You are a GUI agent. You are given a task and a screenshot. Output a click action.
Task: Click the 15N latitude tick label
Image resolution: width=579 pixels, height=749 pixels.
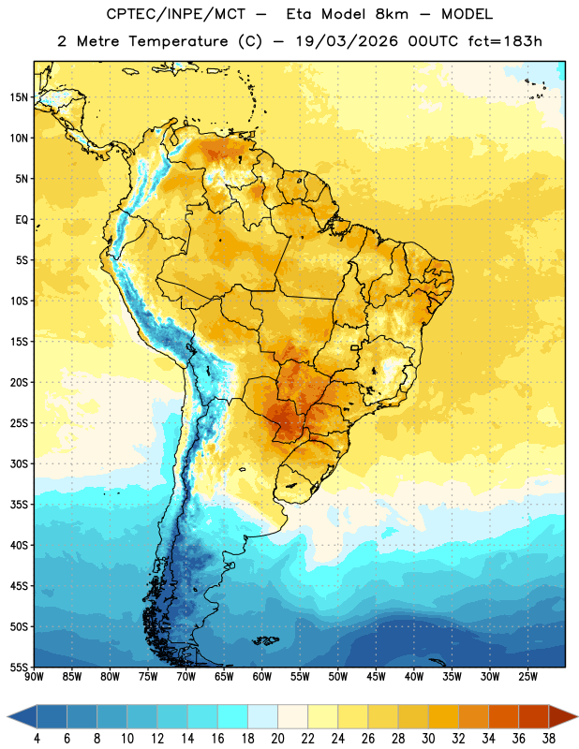click(x=19, y=97)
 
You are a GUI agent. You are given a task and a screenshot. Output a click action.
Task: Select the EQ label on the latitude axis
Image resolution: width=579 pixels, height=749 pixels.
click(x=22, y=220)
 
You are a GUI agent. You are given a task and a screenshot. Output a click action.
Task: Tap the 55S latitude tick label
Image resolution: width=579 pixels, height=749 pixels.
click(x=19, y=668)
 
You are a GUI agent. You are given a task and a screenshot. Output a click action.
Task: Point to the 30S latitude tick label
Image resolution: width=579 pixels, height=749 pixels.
click(x=19, y=463)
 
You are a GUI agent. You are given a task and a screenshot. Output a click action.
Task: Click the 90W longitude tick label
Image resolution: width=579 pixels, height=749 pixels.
click(x=34, y=677)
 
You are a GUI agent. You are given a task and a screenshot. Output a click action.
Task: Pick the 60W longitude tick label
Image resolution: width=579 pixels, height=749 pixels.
click(x=262, y=677)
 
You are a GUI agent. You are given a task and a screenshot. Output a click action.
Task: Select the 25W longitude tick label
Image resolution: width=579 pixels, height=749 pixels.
click(x=527, y=677)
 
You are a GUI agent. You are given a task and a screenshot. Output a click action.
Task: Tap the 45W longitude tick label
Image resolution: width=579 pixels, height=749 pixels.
click(x=376, y=677)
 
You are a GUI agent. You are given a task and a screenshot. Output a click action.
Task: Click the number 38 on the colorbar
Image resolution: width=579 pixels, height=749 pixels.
click(x=549, y=739)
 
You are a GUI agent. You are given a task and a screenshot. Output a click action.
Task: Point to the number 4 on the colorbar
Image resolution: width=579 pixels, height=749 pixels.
click(x=37, y=739)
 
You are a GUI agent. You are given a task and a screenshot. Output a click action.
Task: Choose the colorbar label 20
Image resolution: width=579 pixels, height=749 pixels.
click(x=277, y=739)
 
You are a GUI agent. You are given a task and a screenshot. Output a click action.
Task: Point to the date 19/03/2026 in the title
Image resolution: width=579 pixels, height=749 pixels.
click(x=347, y=41)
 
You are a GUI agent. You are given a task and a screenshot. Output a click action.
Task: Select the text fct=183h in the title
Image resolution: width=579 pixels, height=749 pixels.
click(x=505, y=41)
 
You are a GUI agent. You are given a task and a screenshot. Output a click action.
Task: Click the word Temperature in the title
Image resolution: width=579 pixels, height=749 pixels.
click(x=178, y=41)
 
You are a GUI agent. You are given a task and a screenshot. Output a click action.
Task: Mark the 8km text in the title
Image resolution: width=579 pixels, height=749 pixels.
click(x=392, y=15)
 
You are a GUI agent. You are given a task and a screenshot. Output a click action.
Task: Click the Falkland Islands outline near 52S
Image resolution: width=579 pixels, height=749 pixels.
click(x=266, y=640)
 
